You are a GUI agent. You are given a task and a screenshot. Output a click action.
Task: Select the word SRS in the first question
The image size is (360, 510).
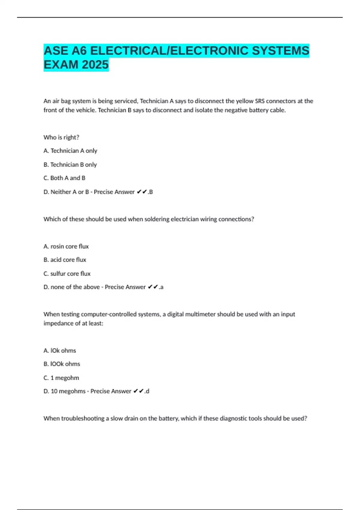pyautogui.click(x=260, y=101)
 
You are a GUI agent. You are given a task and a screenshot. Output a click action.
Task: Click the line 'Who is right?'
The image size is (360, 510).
pyautogui.click(x=61, y=137)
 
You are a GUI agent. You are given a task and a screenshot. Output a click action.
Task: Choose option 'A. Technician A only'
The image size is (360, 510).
pyautogui.click(x=70, y=151)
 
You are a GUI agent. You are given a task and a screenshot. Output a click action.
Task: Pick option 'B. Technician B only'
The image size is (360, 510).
pyautogui.click(x=70, y=165)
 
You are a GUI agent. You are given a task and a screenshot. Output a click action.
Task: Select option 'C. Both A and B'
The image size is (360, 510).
pyautogui.click(x=64, y=178)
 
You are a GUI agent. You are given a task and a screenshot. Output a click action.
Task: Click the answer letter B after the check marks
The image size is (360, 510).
pyautogui.click(x=151, y=192)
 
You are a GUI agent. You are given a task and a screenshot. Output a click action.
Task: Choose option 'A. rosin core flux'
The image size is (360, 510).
pyautogui.click(x=66, y=247)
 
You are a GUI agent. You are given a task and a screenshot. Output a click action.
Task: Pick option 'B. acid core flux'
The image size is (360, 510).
pyautogui.click(x=65, y=260)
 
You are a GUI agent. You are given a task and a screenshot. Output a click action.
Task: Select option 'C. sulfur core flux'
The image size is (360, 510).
pyautogui.click(x=67, y=274)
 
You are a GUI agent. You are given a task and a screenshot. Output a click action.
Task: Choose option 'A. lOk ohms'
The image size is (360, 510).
pyautogui.click(x=60, y=351)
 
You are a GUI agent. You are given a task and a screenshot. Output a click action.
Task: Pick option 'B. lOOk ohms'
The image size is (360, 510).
pyautogui.click(x=62, y=364)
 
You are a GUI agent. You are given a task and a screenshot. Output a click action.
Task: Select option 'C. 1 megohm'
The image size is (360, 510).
pyautogui.click(x=61, y=378)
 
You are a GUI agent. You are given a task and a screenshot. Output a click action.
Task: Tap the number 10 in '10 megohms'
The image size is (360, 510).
pyautogui.click(x=54, y=391)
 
